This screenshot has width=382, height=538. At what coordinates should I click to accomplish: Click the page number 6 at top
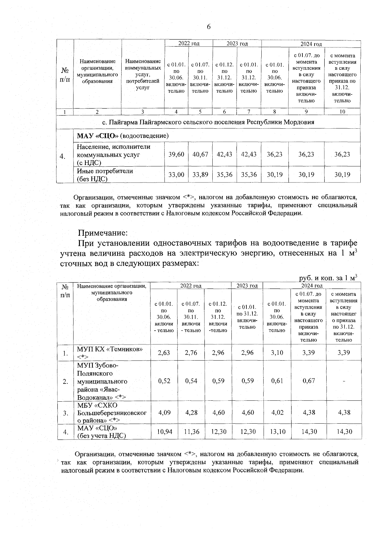tap(209, 27)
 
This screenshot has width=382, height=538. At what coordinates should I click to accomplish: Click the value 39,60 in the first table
tap(176, 154)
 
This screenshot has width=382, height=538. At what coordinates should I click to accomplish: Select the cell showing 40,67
tap(200, 154)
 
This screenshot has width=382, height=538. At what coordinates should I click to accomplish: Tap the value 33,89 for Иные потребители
tap(200, 175)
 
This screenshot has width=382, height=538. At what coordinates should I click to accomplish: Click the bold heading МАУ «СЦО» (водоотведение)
tap(123, 136)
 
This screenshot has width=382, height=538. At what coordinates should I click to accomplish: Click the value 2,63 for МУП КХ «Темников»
tap(164, 353)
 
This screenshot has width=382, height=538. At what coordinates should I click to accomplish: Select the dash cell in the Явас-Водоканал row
tap(343, 381)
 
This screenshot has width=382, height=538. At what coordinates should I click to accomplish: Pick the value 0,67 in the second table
tap(309, 381)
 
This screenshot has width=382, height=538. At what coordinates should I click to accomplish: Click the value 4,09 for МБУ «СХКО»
tap(164, 412)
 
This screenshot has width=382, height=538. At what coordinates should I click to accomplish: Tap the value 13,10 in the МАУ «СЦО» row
tap(277, 432)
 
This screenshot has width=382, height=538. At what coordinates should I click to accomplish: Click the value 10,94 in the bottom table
tap(164, 432)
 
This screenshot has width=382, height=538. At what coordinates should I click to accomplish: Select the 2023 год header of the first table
tap(237, 44)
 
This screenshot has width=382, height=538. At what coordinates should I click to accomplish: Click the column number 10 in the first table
tap(342, 111)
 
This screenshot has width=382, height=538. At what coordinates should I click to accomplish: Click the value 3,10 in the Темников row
tap(277, 353)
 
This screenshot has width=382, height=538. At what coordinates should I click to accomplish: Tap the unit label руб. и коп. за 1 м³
tap(328, 278)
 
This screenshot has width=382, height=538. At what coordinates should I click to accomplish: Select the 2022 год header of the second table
tap(190, 286)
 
